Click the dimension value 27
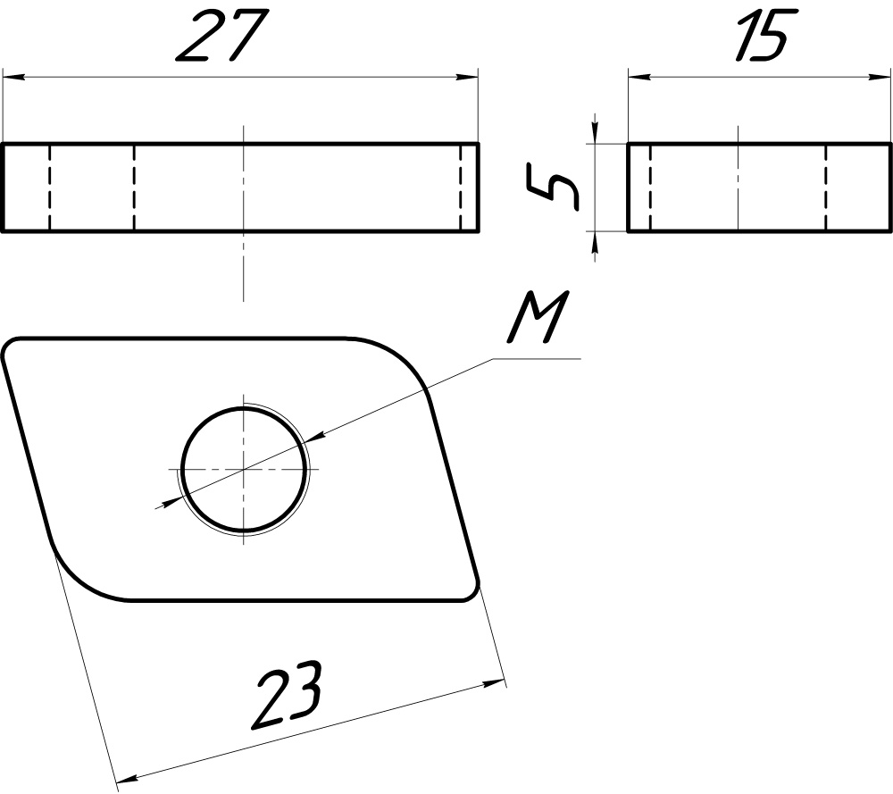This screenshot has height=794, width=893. (x=222, y=36)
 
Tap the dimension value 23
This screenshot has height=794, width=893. (x=288, y=696)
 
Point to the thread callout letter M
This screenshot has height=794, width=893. (x=538, y=317)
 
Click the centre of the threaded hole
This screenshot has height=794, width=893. (x=244, y=469)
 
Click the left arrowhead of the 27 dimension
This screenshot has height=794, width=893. (x=13, y=77)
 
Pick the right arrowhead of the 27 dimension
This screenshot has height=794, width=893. (x=467, y=77)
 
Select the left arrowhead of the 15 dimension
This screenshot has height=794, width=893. (x=639, y=77)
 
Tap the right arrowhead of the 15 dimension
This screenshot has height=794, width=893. (x=880, y=77)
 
